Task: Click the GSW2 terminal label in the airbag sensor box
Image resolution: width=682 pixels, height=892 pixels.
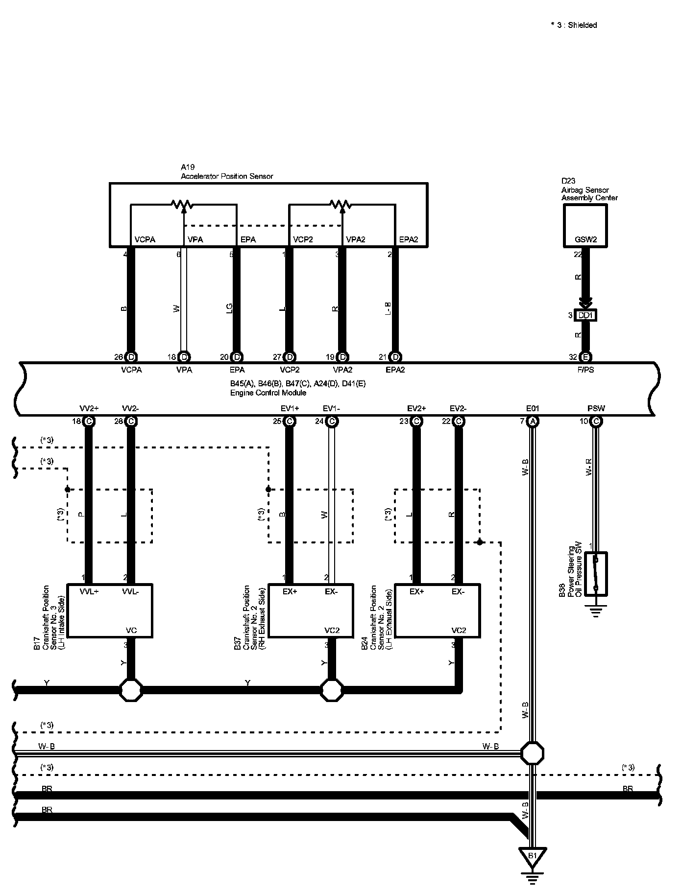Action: point(585,240)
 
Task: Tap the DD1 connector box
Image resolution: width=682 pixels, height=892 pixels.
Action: point(585,315)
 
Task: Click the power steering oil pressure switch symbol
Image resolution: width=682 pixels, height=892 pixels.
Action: point(596,574)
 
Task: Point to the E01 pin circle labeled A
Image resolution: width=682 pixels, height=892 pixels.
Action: point(533,421)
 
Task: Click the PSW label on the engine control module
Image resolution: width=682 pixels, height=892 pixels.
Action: point(596,408)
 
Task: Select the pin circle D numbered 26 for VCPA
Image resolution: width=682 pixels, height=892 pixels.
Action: point(131,357)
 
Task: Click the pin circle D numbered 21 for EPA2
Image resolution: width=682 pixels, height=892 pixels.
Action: point(396,357)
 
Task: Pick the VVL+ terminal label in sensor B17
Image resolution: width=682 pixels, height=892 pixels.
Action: point(89,591)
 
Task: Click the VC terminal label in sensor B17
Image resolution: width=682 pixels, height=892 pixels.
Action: point(131,630)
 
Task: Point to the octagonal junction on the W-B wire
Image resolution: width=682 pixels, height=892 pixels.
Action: point(532,753)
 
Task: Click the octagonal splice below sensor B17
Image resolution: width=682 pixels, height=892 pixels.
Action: point(131,690)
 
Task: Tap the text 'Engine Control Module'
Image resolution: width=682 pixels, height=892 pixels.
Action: point(268,393)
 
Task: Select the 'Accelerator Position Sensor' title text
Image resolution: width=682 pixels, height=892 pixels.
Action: point(227,176)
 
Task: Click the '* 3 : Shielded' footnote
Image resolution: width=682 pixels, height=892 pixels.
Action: point(574,25)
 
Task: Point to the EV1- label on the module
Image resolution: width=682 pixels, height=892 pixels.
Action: point(332,408)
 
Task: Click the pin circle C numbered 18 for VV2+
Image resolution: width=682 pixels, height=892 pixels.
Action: point(89,421)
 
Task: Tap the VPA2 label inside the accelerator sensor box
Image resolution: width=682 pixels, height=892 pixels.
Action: point(356,239)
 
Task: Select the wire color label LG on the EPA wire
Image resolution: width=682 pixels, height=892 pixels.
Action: point(229,308)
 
